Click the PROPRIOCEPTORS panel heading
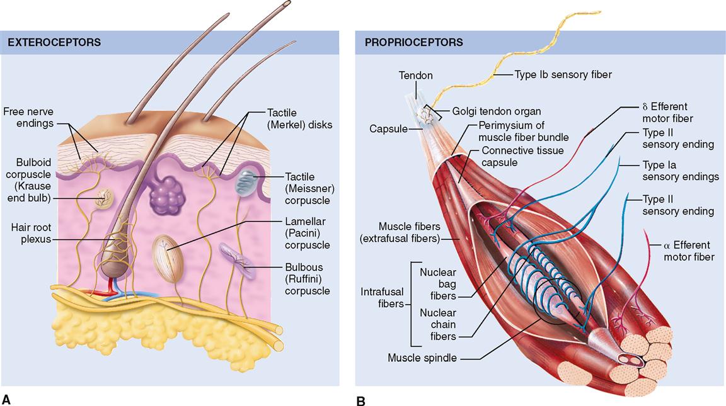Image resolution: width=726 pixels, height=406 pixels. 413,43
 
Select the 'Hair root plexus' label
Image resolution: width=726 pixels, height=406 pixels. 26,234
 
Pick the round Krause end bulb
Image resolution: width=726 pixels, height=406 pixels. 104,201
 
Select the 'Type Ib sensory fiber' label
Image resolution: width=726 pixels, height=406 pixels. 563,74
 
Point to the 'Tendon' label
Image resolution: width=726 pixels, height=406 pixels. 415,76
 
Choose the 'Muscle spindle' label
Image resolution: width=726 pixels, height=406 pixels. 422,358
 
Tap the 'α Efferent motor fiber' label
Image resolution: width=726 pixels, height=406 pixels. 687,251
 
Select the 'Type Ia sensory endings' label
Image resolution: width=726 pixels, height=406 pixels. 680,171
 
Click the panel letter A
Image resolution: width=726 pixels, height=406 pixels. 7,398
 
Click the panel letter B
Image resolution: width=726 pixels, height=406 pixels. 360,400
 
